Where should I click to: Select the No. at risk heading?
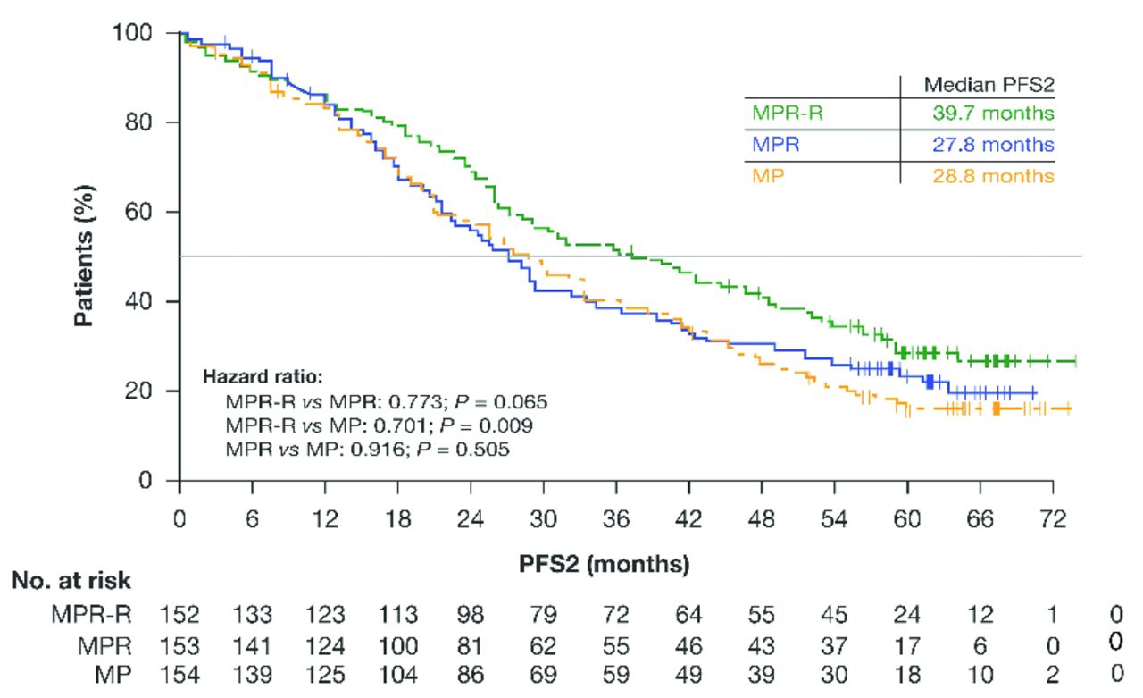[x=71, y=581]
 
